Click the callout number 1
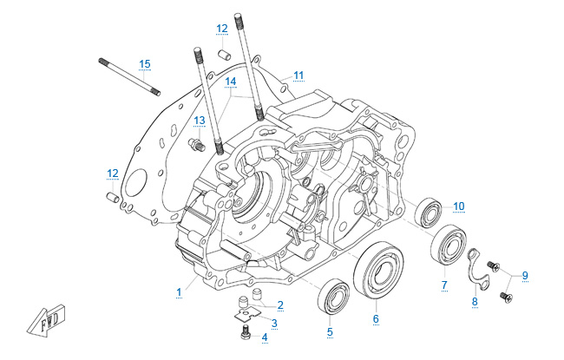[x=179, y=291]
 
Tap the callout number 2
[x=279, y=304]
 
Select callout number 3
[x=274, y=323]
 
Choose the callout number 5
[x=330, y=331]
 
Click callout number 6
[x=376, y=319]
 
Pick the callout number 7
[x=443, y=285]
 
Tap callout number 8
[x=474, y=301]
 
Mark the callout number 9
[x=523, y=275]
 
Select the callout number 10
[x=459, y=206]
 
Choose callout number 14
[x=230, y=82]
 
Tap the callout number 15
[x=145, y=63]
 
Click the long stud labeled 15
[x=131, y=75]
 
